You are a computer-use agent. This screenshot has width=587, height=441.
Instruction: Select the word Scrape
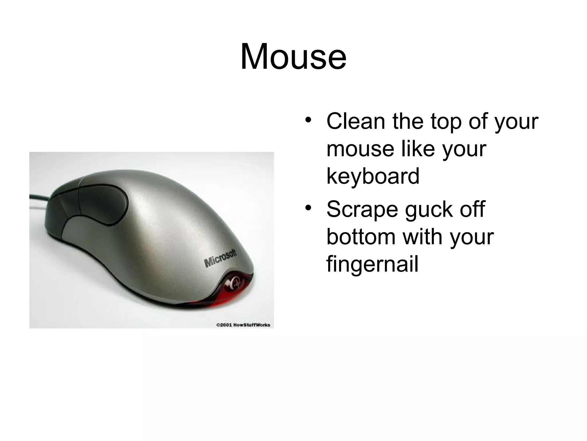point(362,210)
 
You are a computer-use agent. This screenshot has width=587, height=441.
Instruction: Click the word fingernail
point(372,264)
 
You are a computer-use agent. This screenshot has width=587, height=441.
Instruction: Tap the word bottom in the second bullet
point(361,237)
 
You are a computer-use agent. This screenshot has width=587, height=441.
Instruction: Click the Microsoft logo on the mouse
point(220,258)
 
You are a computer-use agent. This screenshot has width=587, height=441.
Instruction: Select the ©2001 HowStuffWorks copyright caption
point(243,325)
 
